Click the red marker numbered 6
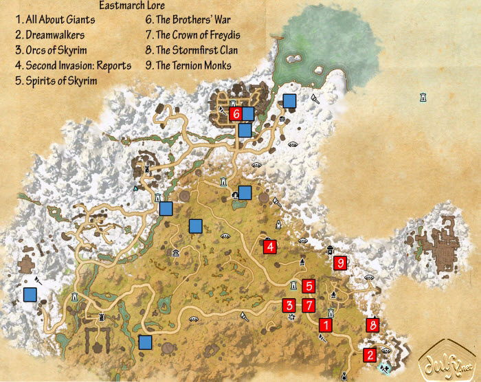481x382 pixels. click(x=236, y=113)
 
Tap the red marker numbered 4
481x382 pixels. click(x=270, y=246)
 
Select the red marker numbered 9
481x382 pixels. click(x=339, y=262)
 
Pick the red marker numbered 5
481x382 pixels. click(x=309, y=286)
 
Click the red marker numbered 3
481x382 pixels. click(x=290, y=305)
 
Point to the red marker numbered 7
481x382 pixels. click(x=309, y=305)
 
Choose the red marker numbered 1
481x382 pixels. click(x=326, y=324)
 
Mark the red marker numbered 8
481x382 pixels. click(x=372, y=325)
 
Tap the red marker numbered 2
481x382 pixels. click(x=370, y=355)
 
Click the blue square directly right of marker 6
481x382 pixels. click(x=247, y=113)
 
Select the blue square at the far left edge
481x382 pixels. click(x=30, y=295)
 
